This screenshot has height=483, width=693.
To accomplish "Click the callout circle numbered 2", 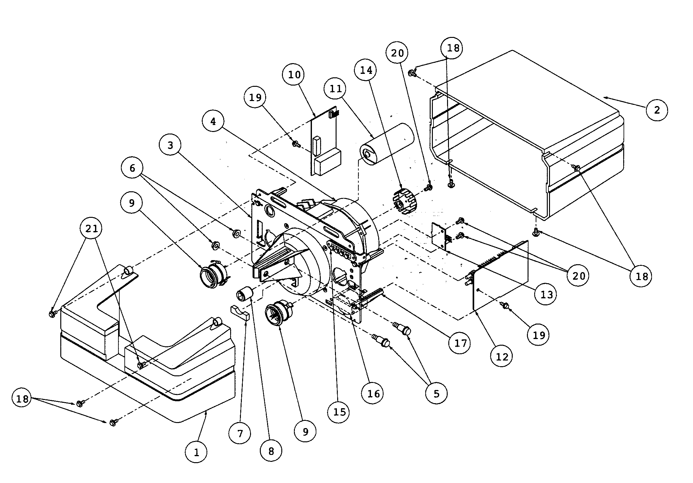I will pyautogui.click(x=657, y=110).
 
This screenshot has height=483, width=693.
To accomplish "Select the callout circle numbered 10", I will pyautogui.click(x=294, y=75).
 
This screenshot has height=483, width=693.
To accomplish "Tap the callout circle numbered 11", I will pyautogui.click(x=336, y=89).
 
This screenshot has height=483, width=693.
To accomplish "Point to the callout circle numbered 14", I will pyautogui.click(x=366, y=70).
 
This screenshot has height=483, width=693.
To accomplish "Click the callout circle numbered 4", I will pyautogui.click(x=213, y=121).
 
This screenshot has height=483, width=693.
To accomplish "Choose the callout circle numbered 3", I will pyautogui.click(x=170, y=145).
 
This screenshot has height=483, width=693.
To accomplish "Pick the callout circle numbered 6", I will pyautogui.click(x=132, y=168).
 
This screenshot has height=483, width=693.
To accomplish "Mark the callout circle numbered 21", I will pyautogui.click(x=92, y=228).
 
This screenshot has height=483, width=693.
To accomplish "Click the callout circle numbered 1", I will pyautogui.click(x=196, y=452).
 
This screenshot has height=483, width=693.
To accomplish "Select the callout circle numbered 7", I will pyautogui.click(x=240, y=434).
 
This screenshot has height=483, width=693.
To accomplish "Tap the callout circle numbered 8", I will pyautogui.click(x=271, y=451).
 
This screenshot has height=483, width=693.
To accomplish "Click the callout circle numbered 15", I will pyautogui.click(x=339, y=412).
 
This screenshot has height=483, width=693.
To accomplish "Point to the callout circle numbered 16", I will pyautogui.click(x=373, y=393).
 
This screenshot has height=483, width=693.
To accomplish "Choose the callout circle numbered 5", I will pyautogui.click(x=436, y=393).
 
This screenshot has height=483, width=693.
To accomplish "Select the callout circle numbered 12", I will pyautogui.click(x=502, y=356).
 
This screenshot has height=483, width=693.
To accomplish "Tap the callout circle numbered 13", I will pyautogui.click(x=547, y=294).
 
